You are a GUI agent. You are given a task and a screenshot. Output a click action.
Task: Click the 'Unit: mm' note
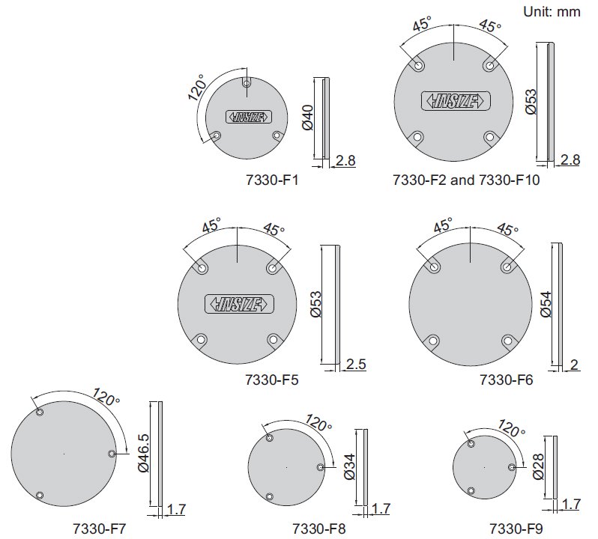pyautogui.click(x=552, y=12)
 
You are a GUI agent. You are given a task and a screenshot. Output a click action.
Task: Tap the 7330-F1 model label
pyautogui.click(x=272, y=180)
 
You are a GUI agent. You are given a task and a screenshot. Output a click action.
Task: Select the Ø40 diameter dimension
pyautogui.click(x=308, y=118)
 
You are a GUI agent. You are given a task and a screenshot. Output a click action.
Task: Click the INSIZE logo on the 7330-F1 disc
pyautogui.click(x=249, y=117)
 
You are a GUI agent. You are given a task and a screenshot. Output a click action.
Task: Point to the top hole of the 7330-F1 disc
pyautogui.click(x=247, y=83)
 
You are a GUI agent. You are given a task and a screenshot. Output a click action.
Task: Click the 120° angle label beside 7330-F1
pyautogui.click(x=197, y=88)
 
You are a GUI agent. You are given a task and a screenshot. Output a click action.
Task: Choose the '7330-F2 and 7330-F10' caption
pyautogui.click(x=466, y=180)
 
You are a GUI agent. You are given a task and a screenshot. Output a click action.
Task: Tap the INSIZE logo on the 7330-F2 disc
pyautogui.click(x=456, y=101)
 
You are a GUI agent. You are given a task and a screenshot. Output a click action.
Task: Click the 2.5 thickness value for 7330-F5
pyautogui.click(x=356, y=364)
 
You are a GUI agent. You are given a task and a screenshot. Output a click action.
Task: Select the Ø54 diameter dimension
pyautogui.click(x=546, y=304)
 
